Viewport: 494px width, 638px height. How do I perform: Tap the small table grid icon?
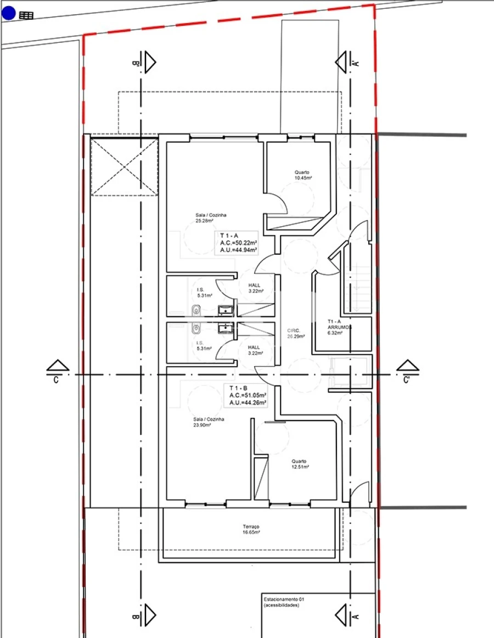click(26, 15)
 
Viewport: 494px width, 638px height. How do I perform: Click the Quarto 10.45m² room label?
click(302, 175)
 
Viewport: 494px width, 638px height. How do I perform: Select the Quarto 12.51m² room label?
click(300, 464)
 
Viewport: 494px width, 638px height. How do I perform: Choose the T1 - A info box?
click(239, 242)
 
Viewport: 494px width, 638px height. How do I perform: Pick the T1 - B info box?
click(248, 395)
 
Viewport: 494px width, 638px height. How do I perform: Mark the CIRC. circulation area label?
click(296, 333)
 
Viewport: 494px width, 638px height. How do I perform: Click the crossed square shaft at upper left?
click(124, 166)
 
